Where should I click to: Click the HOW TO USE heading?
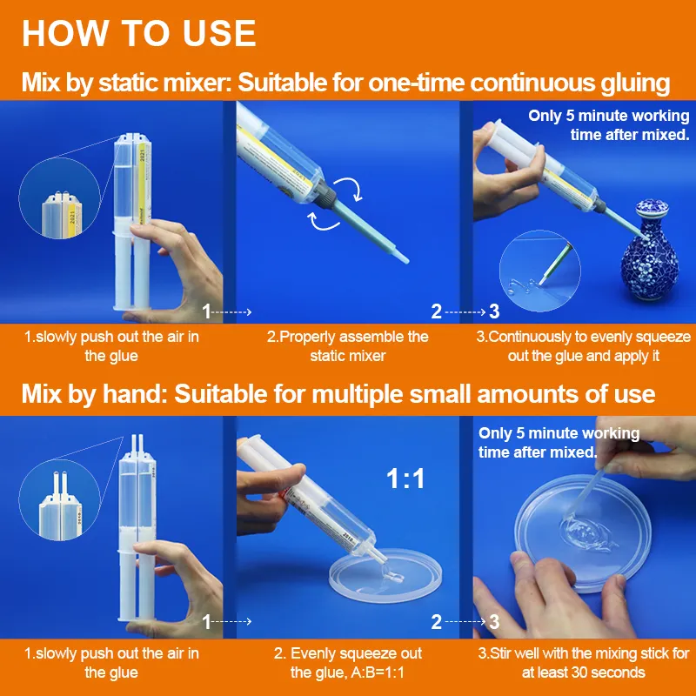pos(139,33)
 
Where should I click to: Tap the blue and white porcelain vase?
pos(650,251)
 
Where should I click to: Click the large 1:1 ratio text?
pos(405,478)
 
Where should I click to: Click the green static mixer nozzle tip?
pos(403,258)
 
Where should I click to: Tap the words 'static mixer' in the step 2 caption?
pos(347,356)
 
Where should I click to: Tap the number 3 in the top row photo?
pos(494,311)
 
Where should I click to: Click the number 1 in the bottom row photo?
pos(206,621)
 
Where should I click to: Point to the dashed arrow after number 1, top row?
pos(231,312)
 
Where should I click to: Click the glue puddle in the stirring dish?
pos(586,533)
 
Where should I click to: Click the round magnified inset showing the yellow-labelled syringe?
pos(59,198)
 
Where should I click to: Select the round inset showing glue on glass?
pos(540,271)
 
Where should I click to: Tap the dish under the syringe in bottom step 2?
pos(385,580)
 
